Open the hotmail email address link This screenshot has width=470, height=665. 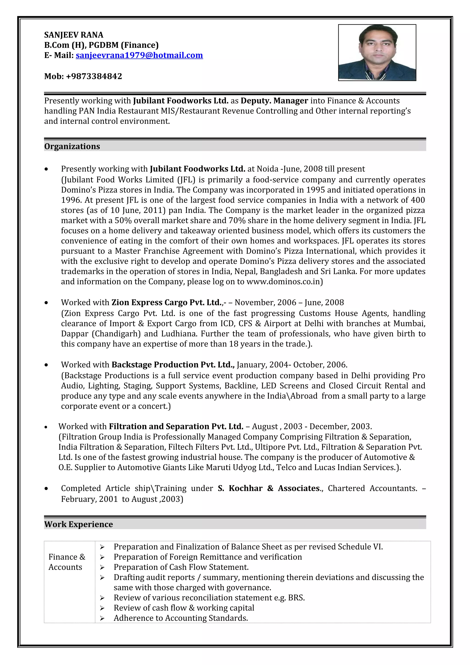139,55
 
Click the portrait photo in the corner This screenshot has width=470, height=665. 377,52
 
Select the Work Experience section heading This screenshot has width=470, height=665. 78,524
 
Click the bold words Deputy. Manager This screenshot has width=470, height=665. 274,101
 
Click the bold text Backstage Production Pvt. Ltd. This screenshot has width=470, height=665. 173,365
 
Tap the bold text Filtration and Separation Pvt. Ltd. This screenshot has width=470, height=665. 176,427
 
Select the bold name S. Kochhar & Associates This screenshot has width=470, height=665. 269,488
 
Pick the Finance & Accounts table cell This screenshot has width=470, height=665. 67,562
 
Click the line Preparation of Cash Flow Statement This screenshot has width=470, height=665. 181,567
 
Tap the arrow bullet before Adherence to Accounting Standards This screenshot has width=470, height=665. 102,618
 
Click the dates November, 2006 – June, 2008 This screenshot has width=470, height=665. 289,303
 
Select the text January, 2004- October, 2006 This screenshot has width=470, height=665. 292,365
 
